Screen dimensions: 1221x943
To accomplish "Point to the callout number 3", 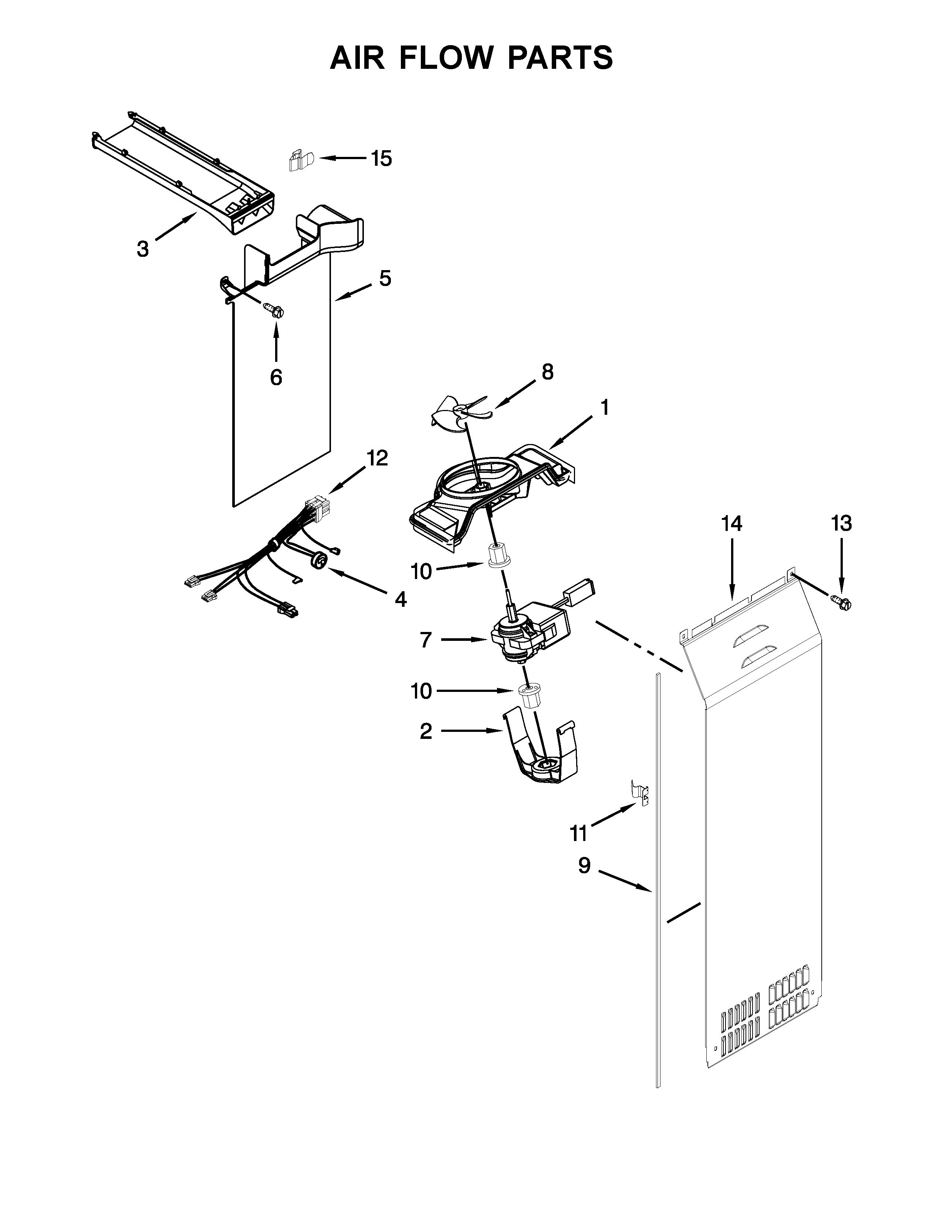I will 143,249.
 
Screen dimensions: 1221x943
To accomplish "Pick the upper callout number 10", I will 421,571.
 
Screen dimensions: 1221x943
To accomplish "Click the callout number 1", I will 605,408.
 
